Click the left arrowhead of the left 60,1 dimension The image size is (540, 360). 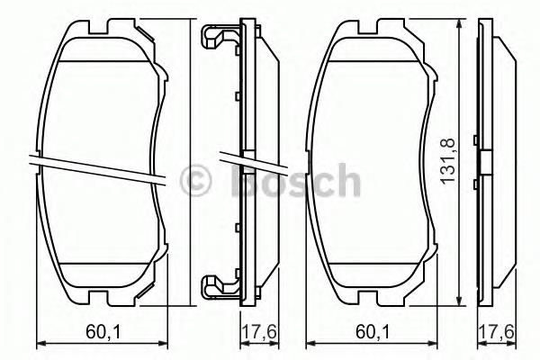(38, 343)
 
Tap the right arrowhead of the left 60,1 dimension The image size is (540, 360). (167, 343)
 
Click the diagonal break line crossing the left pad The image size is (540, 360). (99, 168)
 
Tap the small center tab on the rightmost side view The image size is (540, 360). (486, 163)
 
